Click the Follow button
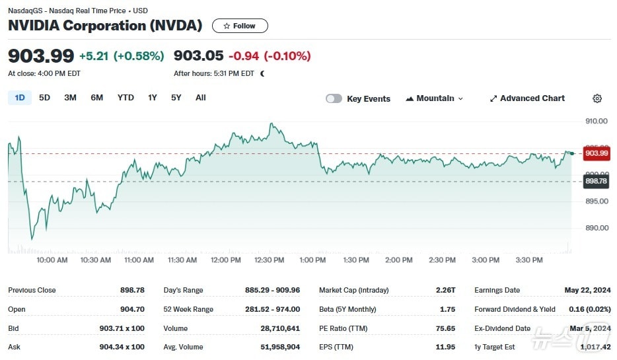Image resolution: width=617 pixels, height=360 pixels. pyautogui.click(x=240, y=26)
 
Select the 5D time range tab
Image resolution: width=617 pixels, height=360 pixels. pyautogui.click(x=44, y=98)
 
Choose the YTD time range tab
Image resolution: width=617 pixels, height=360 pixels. pyautogui.click(x=126, y=98)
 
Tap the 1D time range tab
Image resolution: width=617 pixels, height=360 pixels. pyautogui.click(x=20, y=98)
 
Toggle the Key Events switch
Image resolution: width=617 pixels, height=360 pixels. pyautogui.click(x=334, y=98)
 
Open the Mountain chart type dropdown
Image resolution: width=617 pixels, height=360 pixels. pyautogui.click(x=435, y=98)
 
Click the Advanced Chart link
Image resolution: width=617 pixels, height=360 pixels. pyautogui.click(x=527, y=98)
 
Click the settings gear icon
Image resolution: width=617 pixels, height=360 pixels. pyautogui.click(x=597, y=98)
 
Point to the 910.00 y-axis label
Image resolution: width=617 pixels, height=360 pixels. pyautogui.click(x=597, y=121)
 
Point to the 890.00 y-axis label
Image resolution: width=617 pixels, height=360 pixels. pyautogui.click(x=597, y=228)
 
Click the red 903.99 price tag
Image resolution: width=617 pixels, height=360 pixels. pyautogui.click(x=596, y=153)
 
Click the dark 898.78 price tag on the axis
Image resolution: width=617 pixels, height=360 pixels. pyautogui.click(x=596, y=181)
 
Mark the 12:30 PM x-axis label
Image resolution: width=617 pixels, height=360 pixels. pyautogui.click(x=269, y=260)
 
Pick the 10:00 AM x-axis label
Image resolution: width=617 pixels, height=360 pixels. pyautogui.click(x=52, y=260)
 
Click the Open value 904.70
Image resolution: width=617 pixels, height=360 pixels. pyautogui.click(x=132, y=309)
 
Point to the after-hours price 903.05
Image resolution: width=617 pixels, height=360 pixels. pyautogui.click(x=198, y=56)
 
